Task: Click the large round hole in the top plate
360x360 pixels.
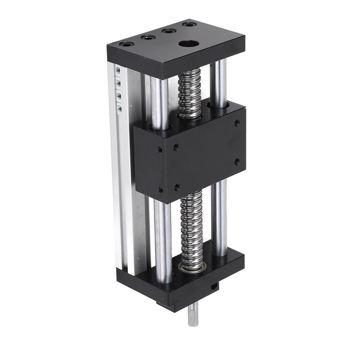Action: click(188, 44)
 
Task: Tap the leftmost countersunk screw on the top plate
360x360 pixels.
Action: click(127, 44)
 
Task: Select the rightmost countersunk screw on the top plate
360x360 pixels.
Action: click(189, 25)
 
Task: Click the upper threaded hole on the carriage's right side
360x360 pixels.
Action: click(237, 123)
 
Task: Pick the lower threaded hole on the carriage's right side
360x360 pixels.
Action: click(237, 161)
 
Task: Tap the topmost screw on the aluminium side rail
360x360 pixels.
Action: click(118, 70)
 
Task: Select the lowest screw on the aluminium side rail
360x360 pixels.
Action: click(120, 109)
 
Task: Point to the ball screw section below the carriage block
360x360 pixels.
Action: click(192, 225)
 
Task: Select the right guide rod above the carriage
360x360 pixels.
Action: click(218, 81)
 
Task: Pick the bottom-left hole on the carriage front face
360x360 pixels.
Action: click(161, 190)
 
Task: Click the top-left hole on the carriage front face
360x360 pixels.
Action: click(160, 149)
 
